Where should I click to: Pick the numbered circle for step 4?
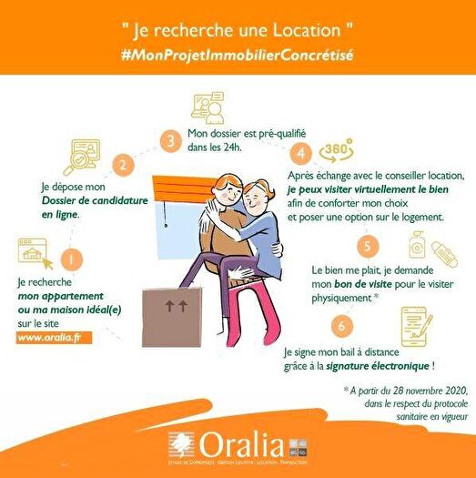[304, 152]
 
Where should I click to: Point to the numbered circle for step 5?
[366, 245]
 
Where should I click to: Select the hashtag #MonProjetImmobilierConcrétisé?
[237, 55]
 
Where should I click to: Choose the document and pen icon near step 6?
[418, 327]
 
